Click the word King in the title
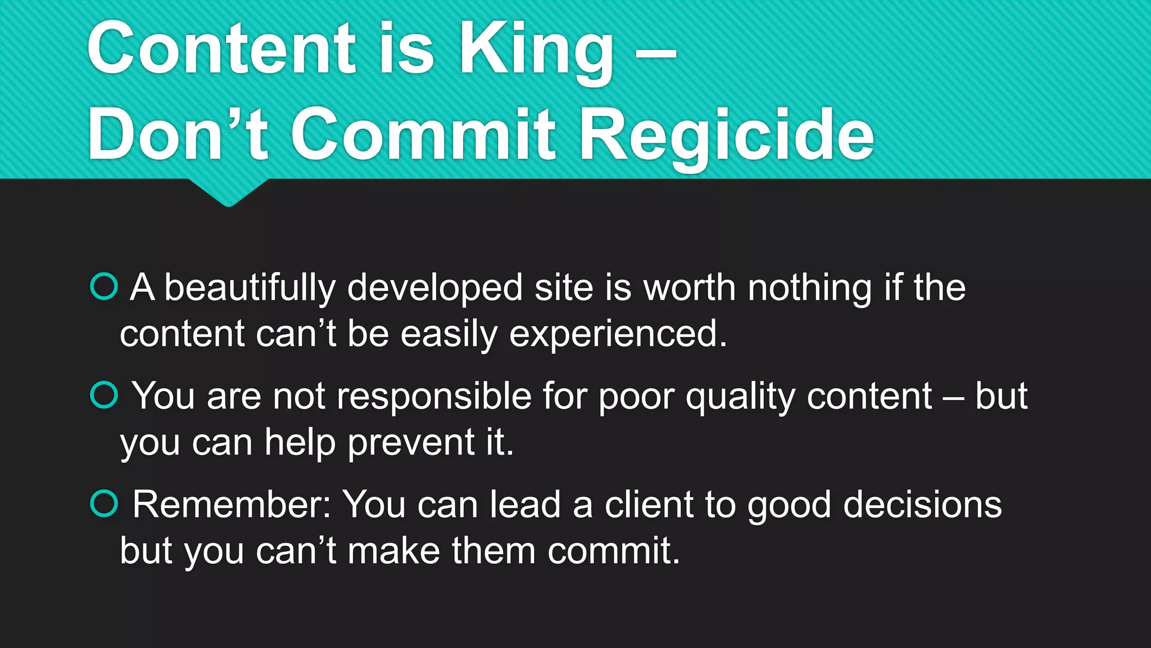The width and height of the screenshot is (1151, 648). (x=537, y=51)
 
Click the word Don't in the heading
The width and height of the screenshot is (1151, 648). (x=178, y=135)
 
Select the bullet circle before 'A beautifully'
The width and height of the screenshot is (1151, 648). (x=104, y=287)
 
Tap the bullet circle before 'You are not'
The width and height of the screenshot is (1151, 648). (x=104, y=395)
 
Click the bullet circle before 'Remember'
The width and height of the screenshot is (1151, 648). (x=104, y=503)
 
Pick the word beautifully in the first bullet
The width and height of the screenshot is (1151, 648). (x=250, y=288)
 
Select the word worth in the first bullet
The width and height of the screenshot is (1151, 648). (x=689, y=288)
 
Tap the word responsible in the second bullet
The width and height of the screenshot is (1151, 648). (x=434, y=396)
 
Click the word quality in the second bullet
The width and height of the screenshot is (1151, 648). (x=740, y=397)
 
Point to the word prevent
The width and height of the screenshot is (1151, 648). (x=411, y=443)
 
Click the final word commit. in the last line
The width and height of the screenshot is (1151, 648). (x=614, y=551)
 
